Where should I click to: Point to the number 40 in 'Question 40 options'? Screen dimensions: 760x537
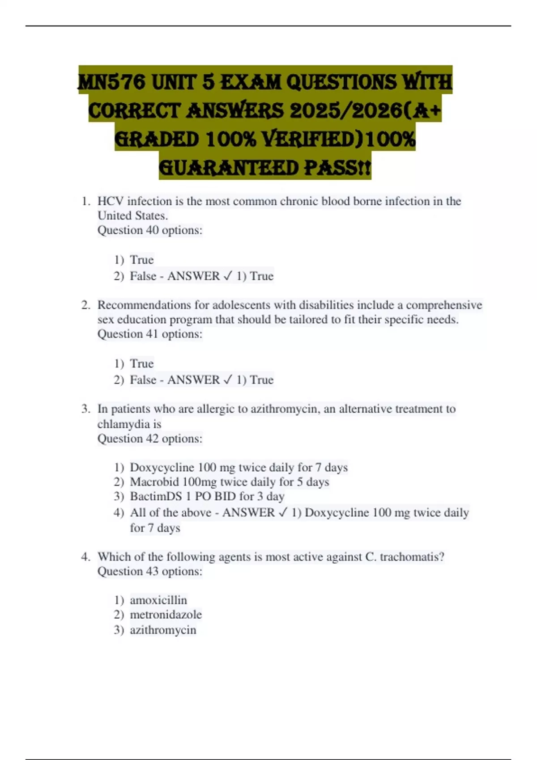(152, 230)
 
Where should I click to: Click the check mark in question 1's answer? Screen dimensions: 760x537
(228, 276)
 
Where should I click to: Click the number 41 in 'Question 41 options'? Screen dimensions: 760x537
(152, 334)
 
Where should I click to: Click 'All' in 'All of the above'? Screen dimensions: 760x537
(138, 512)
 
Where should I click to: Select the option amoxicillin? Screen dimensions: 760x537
(158, 600)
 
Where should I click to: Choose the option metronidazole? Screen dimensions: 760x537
(166, 615)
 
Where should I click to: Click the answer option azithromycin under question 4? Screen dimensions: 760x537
(163, 630)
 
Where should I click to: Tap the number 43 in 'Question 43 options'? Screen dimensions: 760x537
(152, 571)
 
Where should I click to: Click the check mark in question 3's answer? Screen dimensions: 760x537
(283, 512)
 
